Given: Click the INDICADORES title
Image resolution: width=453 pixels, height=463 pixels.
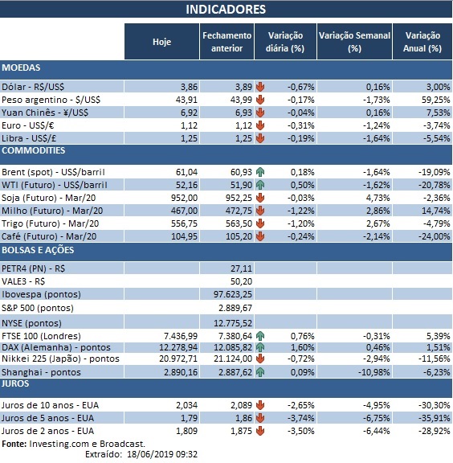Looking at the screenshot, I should click(x=226, y=10).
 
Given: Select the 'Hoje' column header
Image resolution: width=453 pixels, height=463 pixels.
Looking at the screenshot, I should click(x=161, y=42).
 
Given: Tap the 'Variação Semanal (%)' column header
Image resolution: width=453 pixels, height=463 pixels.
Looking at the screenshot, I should click(x=354, y=42).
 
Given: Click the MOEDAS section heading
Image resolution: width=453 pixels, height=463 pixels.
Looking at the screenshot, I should click(x=22, y=68).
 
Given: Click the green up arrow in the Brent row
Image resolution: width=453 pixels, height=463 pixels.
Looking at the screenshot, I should click(x=260, y=171).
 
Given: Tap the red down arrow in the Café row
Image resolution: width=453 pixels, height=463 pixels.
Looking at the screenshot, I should click(x=260, y=238).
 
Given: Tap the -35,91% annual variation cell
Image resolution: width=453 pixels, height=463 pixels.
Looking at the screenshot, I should click(x=428, y=418).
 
